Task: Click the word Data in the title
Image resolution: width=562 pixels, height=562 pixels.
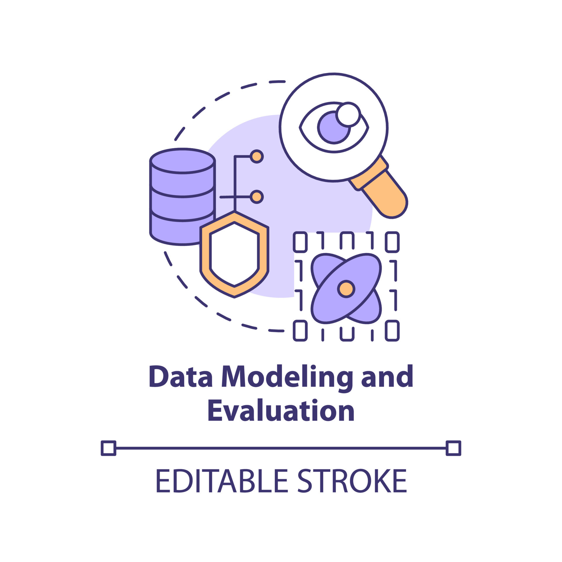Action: click(x=181, y=376)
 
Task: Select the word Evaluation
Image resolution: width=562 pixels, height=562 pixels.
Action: click(x=281, y=410)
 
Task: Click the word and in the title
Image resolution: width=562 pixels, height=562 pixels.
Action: click(x=387, y=376)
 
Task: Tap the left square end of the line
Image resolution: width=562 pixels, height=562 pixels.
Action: click(x=109, y=448)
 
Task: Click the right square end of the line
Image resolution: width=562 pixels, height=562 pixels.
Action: click(x=453, y=448)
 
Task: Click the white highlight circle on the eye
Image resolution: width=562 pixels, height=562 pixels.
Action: click(x=348, y=114)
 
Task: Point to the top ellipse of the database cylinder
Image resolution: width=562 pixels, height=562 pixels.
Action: click(x=183, y=161)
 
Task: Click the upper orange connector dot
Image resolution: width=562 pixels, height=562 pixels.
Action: click(x=257, y=157)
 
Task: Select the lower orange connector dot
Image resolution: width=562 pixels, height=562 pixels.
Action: click(x=257, y=197)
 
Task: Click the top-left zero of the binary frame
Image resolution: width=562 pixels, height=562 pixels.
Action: click(x=300, y=242)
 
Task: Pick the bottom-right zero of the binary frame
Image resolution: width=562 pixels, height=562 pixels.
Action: click(x=392, y=330)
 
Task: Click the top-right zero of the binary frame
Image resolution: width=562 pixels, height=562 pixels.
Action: click(x=392, y=242)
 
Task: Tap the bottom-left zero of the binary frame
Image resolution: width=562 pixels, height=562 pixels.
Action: click(x=300, y=330)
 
